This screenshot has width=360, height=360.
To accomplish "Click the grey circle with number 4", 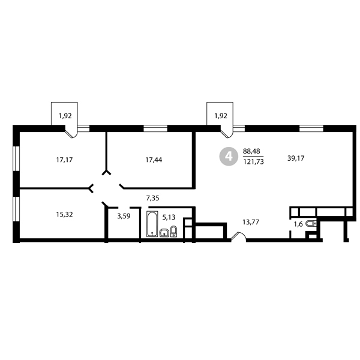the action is pyautogui.click(x=229, y=157).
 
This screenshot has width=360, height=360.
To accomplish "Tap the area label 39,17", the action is pyautogui.click(x=296, y=158).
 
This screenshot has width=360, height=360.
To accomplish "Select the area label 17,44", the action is pyautogui.click(x=154, y=160).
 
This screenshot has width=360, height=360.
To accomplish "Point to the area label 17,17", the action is pyautogui.click(x=65, y=160).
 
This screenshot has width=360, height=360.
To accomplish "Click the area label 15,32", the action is pyautogui.click(x=65, y=214).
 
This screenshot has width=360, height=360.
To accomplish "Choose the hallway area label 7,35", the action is pyautogui.click(x=152, y=198).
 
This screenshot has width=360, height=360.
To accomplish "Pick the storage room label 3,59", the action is pyautogui.click(x=124, y=216).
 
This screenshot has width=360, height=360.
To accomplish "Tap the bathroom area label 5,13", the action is pyautogui.click(x=169, y=217).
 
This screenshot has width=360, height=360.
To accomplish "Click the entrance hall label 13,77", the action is pyautogui.click(x=251, y=222).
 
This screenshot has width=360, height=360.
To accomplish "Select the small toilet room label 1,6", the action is pyautogui.click(x=298, y=224).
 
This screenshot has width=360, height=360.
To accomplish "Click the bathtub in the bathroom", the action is pyautogui.click(x=152, y=224).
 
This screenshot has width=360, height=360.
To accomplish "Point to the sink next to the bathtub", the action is pyautogui.click(x=164, y=233).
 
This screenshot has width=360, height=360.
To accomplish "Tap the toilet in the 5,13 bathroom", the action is pyautogui.click(x=174, y=231).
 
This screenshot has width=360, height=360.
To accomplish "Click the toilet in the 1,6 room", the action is pyautogui.click(x=311, y=223).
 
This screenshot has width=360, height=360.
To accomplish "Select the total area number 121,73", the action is pyautogui.click(x=253, y=162).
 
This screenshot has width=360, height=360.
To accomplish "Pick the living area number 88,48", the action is pyautogui.click(x=251, y=151).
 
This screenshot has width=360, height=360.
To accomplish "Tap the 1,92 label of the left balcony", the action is pyautogui.click(x=65, y=116).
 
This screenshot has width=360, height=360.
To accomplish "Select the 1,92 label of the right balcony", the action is pyautogui.click(x=221, y=116).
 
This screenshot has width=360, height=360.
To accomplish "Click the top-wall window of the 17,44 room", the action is pyautogui.click(x=155, y=128).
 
